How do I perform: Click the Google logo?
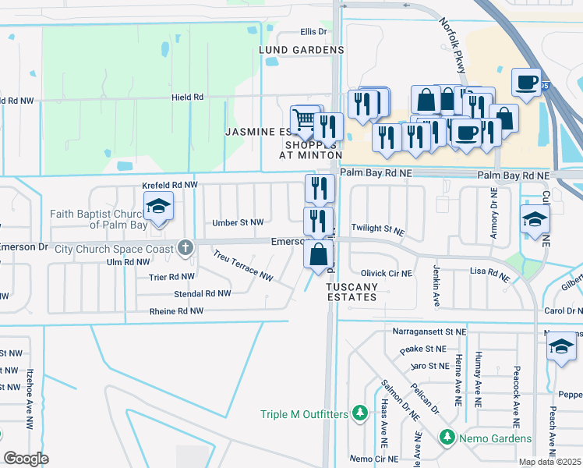(x=26, y=459)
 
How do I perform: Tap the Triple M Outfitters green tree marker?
(x=359, y=412)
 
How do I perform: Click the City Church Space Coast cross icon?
(x=185, y=249)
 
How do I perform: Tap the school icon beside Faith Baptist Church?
(x=158, y=207)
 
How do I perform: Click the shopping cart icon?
(x=305, y=119)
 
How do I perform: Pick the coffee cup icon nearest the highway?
(x=527, y=82)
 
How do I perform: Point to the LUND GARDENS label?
(x=302, y=50)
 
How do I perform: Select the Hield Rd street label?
(x=188, y=97)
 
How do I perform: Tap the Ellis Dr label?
(x=313, y=32)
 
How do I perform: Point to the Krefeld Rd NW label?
(x=170, y=185)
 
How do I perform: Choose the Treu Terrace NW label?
(x=243, y=266)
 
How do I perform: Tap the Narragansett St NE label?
(x=429, y=331)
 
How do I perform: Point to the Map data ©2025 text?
(x=549, y=462)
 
